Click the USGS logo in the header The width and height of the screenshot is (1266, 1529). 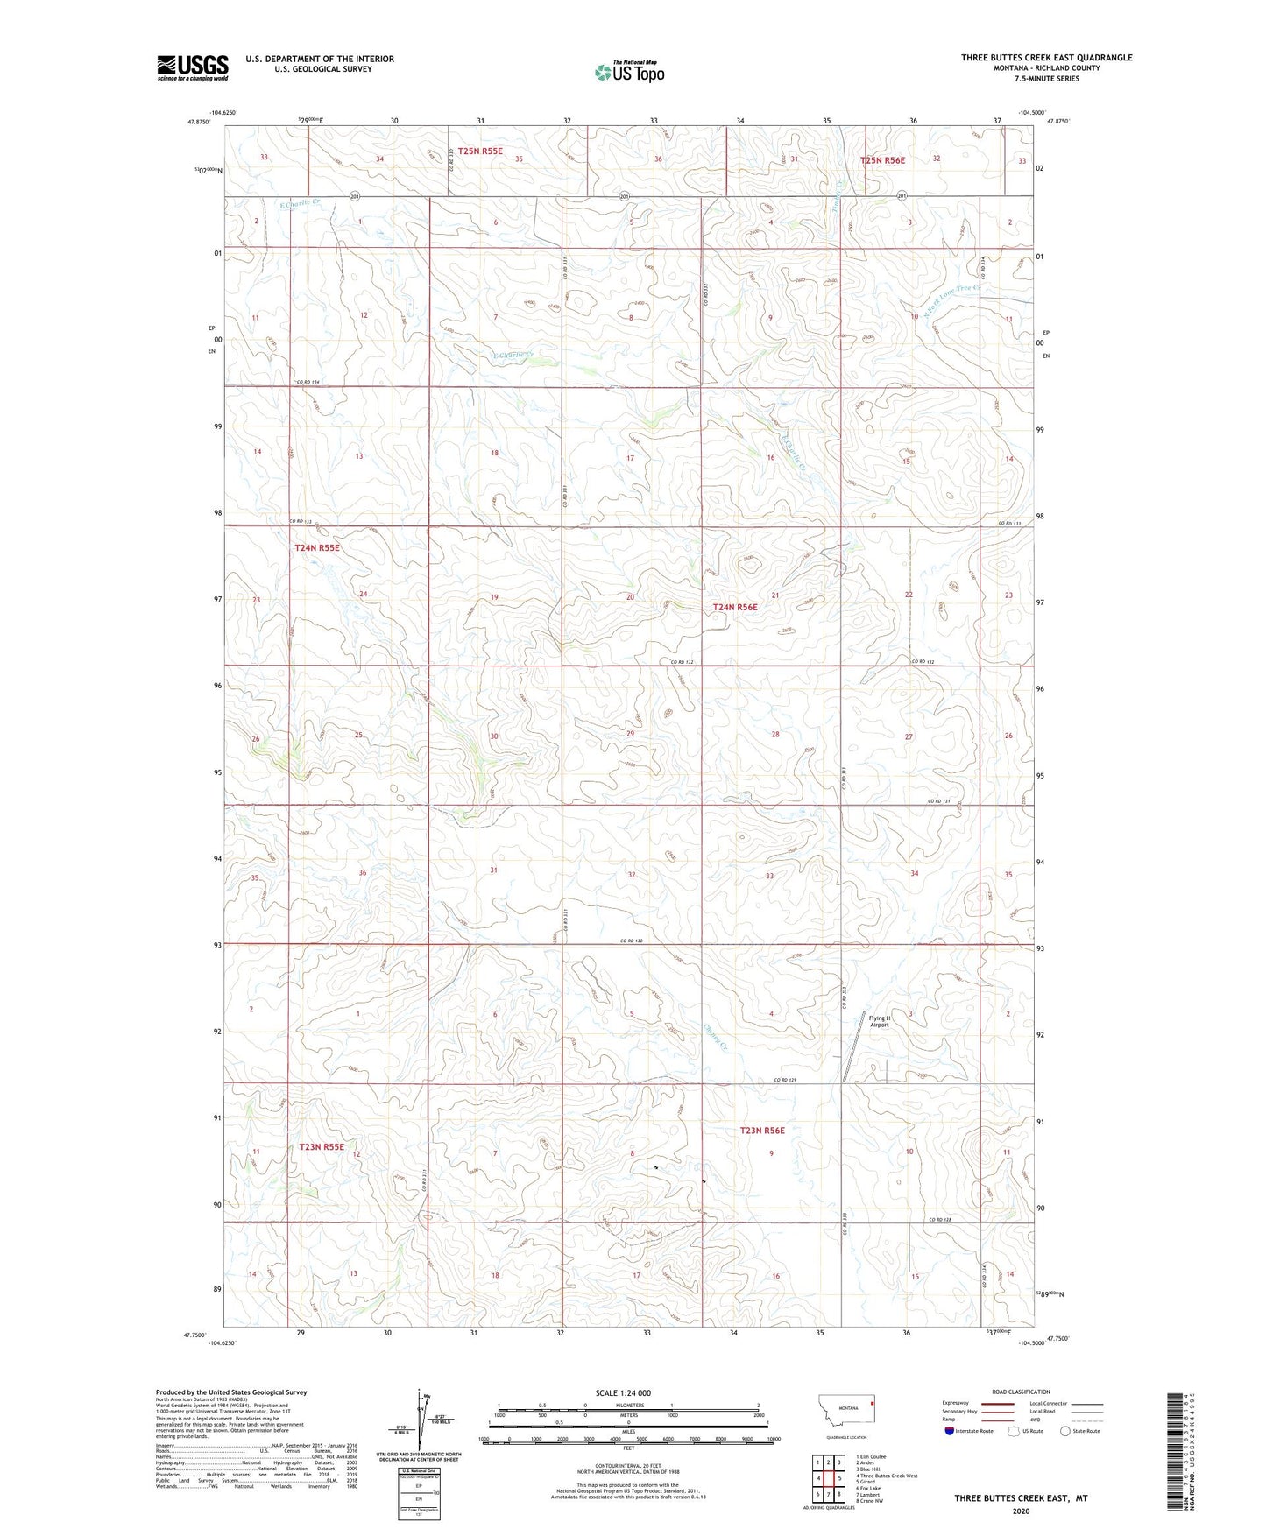[193, 67]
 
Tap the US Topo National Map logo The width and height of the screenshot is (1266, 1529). [629, 72]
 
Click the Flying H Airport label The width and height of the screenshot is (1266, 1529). [879, 1021]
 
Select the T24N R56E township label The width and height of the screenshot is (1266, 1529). [734, 607]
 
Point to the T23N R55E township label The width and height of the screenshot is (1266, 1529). [322, 1146]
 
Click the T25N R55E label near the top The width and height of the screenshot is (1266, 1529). [480, 151]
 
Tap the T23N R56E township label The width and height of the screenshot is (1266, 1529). [762, 1131]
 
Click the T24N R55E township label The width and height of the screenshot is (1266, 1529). [316, 548]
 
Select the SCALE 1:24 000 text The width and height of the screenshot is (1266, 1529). [623, 1392]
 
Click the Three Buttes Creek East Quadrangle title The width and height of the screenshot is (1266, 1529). [1046, 58]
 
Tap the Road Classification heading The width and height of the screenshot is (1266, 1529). [1021, 1392]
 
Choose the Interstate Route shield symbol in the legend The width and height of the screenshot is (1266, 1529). [950, 1431]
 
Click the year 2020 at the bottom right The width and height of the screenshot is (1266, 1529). [1021, 1511]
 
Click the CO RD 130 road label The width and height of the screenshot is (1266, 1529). [631, 941]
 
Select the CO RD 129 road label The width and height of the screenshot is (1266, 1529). [786, 1080]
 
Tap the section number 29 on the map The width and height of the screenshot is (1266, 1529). [630, 734]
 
